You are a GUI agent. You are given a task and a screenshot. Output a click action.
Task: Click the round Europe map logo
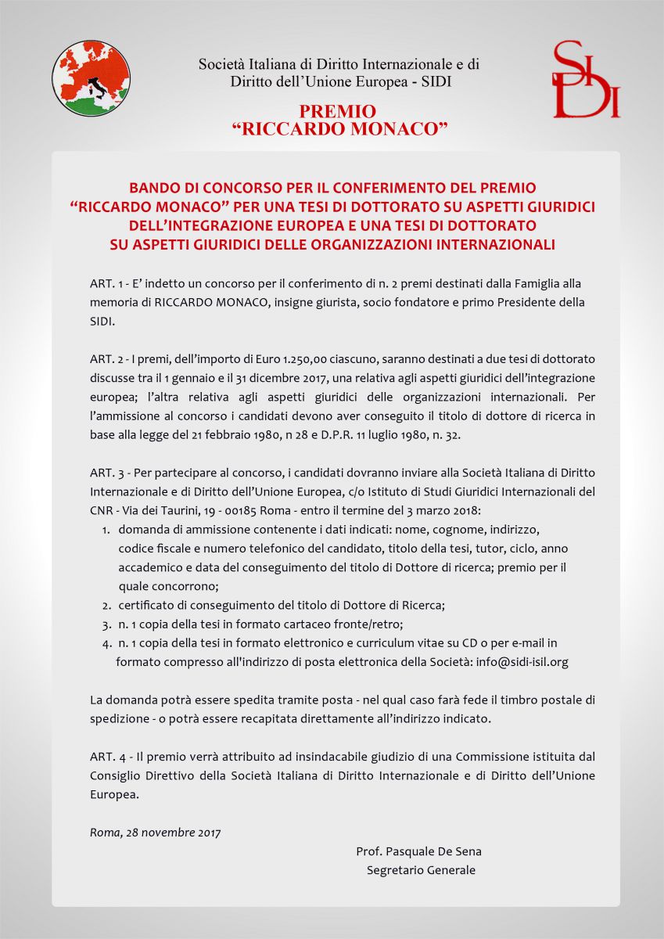click(x=91, y=78)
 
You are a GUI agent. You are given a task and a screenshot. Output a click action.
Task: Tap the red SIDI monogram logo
click(x=586, y=81)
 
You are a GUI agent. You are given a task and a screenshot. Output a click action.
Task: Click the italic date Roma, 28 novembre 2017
click(x=155, y=832)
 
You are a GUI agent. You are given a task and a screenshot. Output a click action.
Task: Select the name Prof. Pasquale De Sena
click(x=418, y=851)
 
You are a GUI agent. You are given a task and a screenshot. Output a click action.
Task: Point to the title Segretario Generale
click(x=421, y=870)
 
